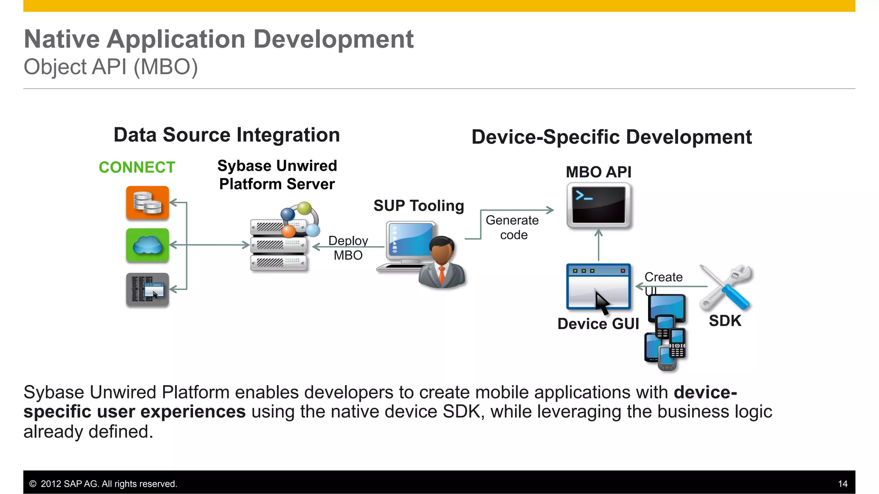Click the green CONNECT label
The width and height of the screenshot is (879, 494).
pos(137,167)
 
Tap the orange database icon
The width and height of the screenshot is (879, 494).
pos(147,203)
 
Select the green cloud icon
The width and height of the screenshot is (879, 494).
pos(147,245)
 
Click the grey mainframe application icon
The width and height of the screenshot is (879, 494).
pos(147,289)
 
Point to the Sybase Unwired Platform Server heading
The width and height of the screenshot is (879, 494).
pos(277,175)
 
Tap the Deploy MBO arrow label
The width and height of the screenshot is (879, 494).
pos(348,248)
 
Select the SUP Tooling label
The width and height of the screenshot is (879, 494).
pos(418,206)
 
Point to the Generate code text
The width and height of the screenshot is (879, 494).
pos(512,227)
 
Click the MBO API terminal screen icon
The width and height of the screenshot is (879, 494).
pos(599,205)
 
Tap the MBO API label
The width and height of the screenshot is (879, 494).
pos(598,172)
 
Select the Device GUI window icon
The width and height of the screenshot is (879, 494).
pos(598,286)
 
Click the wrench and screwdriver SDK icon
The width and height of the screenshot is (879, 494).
pos(726,287)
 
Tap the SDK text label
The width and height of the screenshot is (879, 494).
pos(725,321)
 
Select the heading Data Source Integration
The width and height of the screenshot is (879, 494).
pos(227,135)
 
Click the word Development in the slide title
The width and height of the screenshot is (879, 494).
pos(333,39)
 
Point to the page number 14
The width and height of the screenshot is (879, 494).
pos(843,484)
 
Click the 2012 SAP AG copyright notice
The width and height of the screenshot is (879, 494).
pos(103,484)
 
